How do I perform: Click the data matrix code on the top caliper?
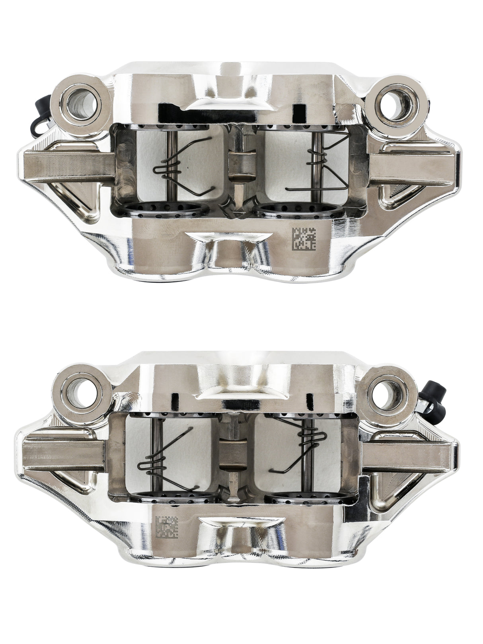304,240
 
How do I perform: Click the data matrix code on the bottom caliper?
167,527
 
